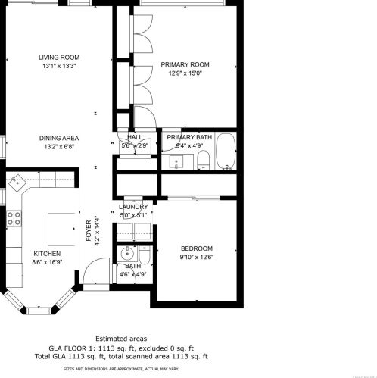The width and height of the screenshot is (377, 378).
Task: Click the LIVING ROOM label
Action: click(x=60, y=58)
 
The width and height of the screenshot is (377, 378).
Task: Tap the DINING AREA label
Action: click(x=61, y=138)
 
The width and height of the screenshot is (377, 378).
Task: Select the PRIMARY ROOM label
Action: click(x=185, y=65)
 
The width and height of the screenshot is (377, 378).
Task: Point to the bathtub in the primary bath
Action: click(x=226, y=152)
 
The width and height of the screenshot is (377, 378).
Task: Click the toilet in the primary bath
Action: click(x=203, y=160)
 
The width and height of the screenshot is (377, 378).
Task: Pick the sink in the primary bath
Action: click(x=177, y=161)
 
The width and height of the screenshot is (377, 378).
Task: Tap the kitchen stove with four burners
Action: click(x=14, y=219)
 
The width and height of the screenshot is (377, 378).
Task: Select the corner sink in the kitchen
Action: click(x=17, y=182)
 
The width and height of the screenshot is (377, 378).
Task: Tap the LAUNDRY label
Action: click(x=134, y=207)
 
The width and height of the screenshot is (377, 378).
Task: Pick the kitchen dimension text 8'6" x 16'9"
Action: click(x=47, y=261)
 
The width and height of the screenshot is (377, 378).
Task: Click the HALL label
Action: click(x=135, y=137)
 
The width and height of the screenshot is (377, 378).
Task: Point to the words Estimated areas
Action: click(x=121, y=339)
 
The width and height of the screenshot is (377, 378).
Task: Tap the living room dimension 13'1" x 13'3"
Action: click(x=60, y=66)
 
